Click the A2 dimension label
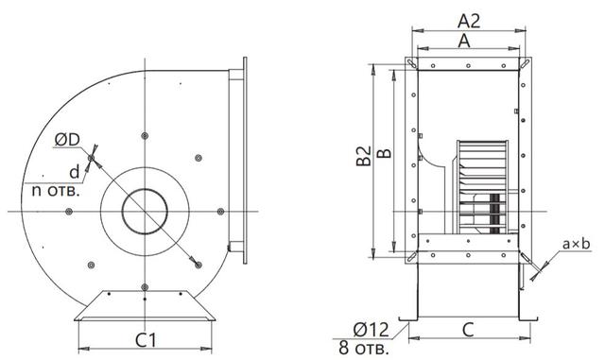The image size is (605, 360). point(469,21)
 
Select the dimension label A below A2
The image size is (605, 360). point(464,41)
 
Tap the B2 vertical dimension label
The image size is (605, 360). point(363,156)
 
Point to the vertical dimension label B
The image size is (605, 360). point(384,153)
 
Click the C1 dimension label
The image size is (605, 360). point(147,340)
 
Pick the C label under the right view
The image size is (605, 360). point(468,331)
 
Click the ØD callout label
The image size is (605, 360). point(67,140)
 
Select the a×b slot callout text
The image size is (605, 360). point(576,244)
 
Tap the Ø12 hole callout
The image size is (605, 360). point(371,330)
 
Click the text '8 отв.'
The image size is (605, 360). point(364,348)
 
